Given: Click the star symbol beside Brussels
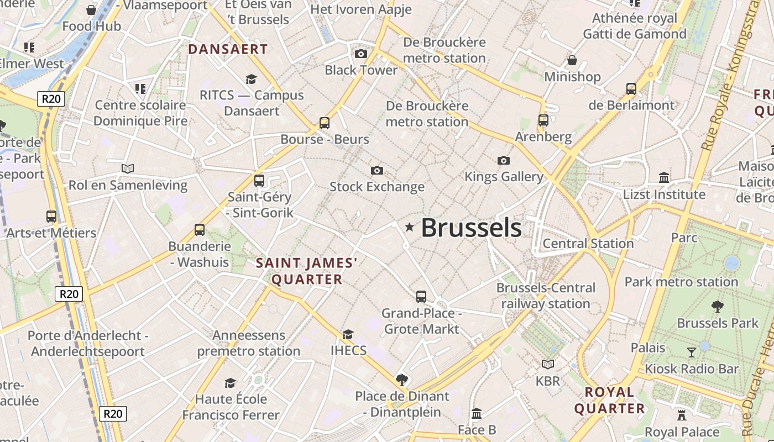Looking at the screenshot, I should (x=409, y=227).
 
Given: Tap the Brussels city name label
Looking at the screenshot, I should (x=471, y=228).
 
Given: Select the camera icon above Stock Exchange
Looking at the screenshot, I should (x=377, y=170).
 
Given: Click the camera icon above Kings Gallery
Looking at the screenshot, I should (x=503, y=161).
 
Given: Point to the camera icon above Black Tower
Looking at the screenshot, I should (x=361, y=54).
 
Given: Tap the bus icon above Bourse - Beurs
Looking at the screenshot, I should (x=325, y=123).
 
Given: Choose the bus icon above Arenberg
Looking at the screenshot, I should (x=543, y=120).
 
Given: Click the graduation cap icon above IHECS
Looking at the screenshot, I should (x=348, y=334).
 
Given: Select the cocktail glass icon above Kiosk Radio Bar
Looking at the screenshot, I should (x=691, y=352).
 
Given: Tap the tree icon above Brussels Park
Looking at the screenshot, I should (x=717, y=307).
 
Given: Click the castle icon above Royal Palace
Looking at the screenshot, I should (x=682, y=415).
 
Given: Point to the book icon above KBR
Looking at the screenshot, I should (x=548, y=365).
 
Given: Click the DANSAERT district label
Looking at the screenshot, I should (x=228, y=49).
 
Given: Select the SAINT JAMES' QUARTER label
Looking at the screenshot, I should (x=307, y=271).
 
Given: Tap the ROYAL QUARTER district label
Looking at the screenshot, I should (x=610, y=401).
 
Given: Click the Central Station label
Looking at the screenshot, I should (x=588, y=244).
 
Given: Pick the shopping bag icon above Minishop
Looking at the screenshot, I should (x=572, y=60).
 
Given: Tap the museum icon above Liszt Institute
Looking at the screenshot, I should (x=664, y=178).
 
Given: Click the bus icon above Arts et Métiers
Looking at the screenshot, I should (x=51, y=217).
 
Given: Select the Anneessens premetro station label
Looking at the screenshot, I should (x=249, y=343).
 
